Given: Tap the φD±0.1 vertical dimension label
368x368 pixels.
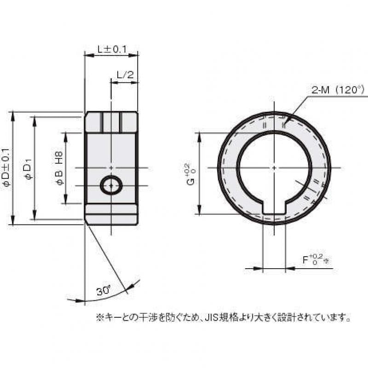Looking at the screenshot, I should click(6, 168).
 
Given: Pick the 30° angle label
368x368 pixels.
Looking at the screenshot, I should click(104, 290).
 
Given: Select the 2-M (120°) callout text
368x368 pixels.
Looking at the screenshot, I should click(337, 91).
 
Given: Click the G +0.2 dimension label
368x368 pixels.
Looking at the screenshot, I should click(190, 173).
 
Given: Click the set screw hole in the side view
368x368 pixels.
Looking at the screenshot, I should click(111, 185).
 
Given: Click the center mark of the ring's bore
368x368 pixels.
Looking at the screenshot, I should click(274, 168).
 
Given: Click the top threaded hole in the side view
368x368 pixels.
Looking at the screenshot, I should click(111, 122).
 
